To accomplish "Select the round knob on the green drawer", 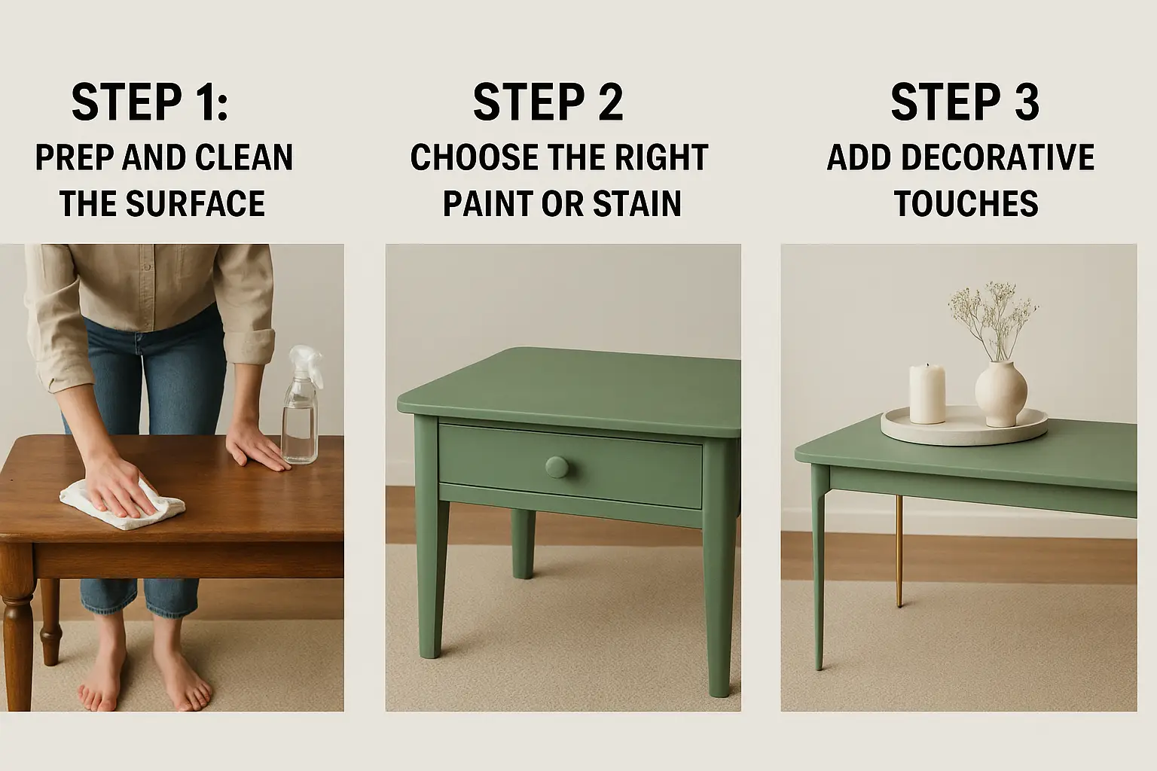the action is coord(557,468).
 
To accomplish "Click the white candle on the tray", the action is coord(927,394).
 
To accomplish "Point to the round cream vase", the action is coord(1000,394).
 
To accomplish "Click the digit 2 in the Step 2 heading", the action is coord(609,102).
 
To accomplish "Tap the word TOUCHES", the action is coord(966,203).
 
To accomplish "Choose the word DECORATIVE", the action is coord(998,157).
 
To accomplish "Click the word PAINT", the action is coord(487,203).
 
